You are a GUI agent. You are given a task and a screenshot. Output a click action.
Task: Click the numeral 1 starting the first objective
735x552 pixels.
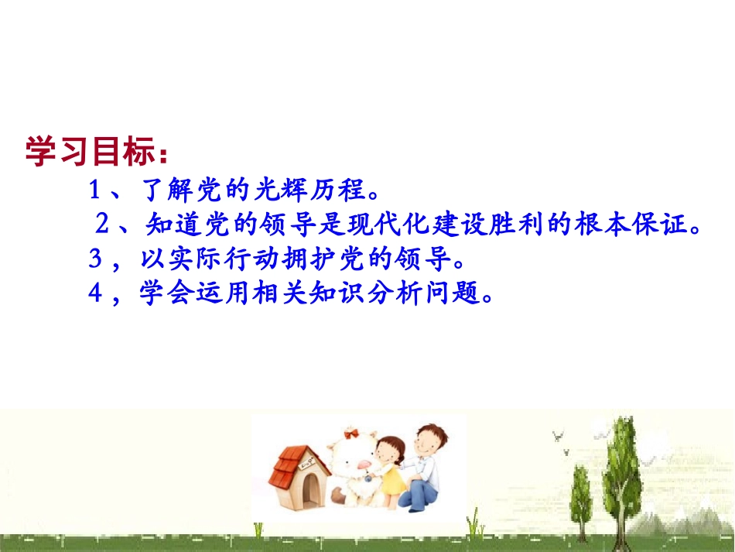point(95,190)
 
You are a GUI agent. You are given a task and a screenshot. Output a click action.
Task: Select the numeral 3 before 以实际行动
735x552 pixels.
point(95,259)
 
